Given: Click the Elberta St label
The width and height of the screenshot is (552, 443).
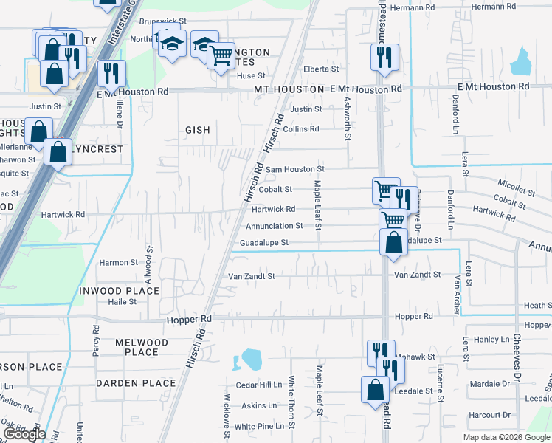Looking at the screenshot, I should click(320, 69).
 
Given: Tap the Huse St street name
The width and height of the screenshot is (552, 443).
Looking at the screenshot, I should click(250, 75).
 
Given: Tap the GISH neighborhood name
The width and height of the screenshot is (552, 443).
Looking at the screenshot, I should click(197, 130).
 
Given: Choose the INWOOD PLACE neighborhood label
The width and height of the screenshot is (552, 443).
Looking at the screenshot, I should click(119, 291).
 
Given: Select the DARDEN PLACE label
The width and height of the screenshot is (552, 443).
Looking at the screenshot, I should click(136, 383).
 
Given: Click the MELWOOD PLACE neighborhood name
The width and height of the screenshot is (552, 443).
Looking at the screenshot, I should click(142, 347).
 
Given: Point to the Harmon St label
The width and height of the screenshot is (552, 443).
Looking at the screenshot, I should click(118, 262).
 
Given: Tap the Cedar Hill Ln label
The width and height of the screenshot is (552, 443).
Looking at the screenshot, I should click(259, 385).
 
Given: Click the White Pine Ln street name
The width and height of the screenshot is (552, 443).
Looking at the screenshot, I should click(260, 426).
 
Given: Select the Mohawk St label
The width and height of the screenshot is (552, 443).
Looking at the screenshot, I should click(418, 357).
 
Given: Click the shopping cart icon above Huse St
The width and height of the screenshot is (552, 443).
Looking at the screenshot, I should click(221, 54).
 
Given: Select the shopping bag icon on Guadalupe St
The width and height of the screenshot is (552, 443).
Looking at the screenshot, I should click(394, 242).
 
